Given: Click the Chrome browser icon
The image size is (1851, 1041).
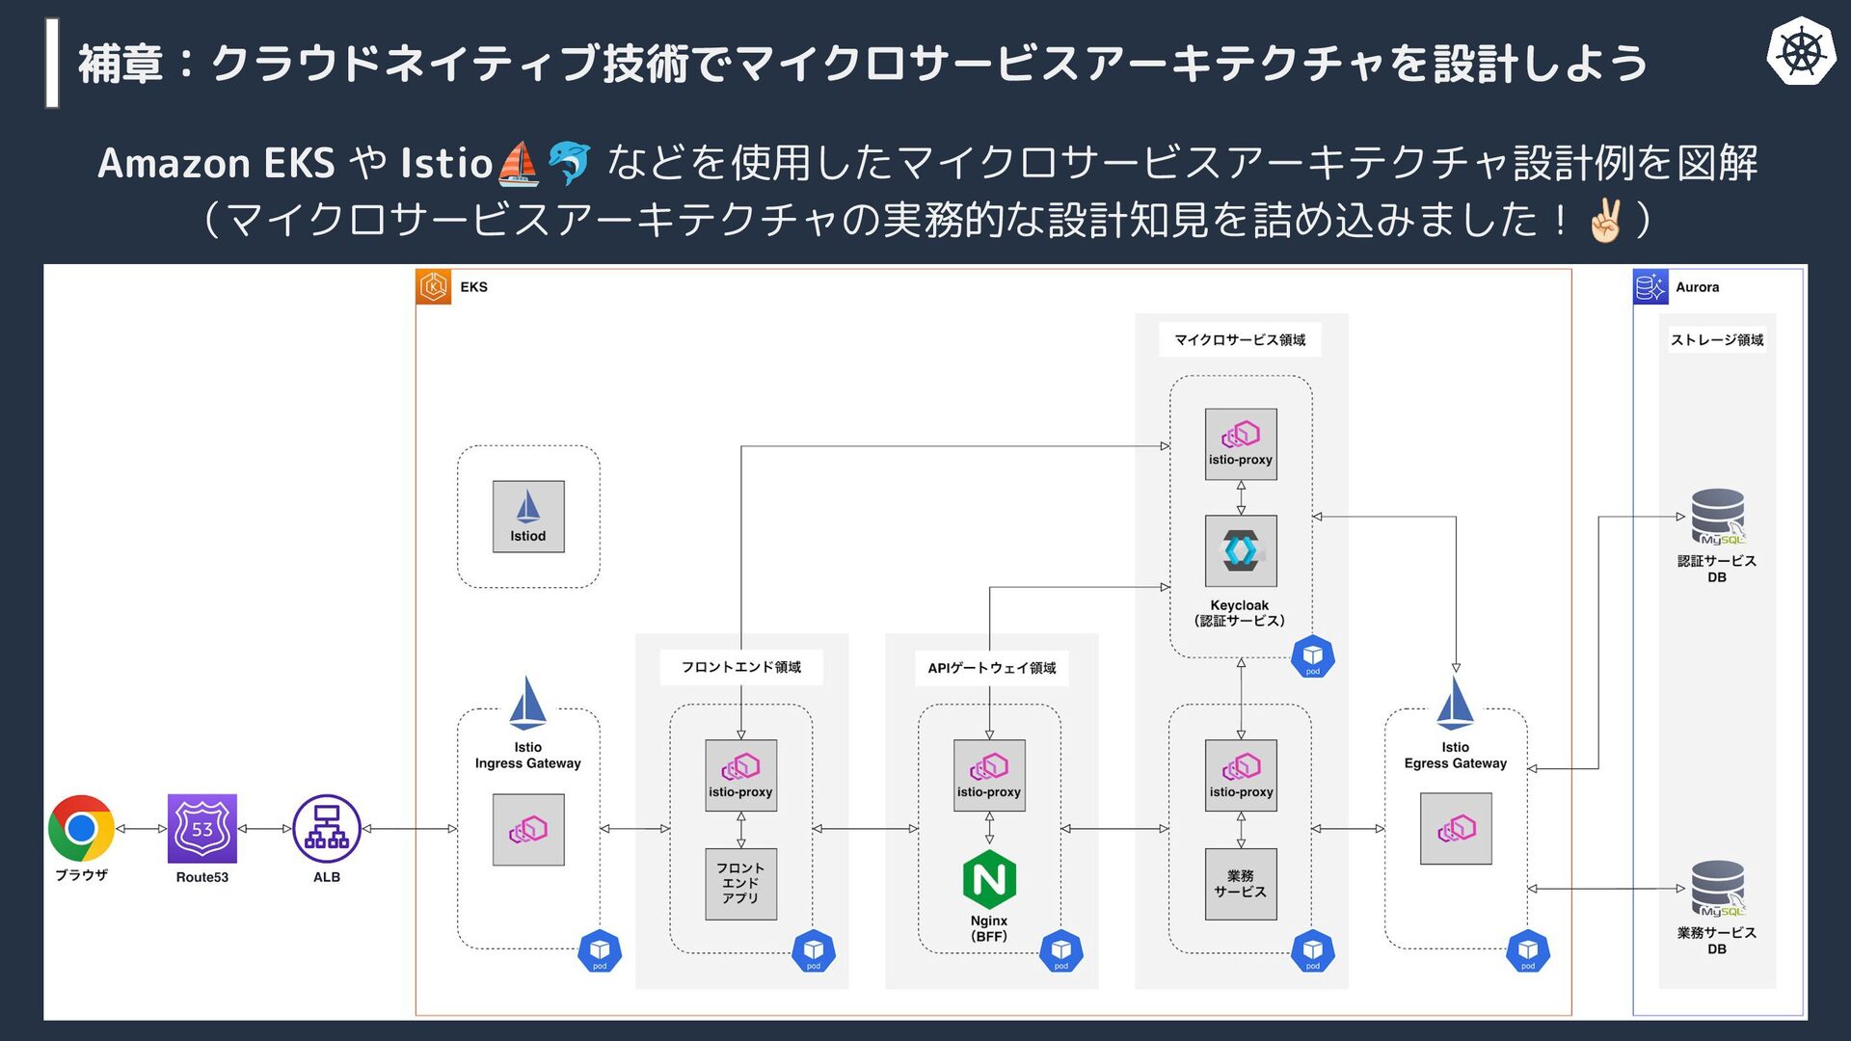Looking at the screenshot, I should [82, 828].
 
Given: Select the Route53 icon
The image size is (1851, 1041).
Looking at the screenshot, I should [201, 829].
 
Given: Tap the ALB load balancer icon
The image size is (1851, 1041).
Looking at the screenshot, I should [327, 829].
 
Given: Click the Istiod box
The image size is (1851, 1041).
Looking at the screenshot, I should [528, 517].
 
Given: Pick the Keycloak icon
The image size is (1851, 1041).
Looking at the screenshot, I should [1241, 551].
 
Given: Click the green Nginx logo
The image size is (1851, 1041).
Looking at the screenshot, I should [989, 879].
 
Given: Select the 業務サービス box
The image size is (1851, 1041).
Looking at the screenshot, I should [1241, 884].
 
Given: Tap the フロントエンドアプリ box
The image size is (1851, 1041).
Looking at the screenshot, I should [740, 884].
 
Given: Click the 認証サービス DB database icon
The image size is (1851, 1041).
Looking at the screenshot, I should [1717, 517].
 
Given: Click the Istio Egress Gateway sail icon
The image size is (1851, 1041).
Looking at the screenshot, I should [1455, 704].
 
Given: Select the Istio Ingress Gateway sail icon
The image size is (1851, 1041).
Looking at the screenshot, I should [528, 704].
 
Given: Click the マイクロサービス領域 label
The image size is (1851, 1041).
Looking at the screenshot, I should [1240, 340].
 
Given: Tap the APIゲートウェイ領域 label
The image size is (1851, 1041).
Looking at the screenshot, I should [991, 668].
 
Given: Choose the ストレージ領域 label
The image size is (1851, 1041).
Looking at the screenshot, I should [1717, 340].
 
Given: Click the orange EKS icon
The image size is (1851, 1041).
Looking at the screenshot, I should [434, 287].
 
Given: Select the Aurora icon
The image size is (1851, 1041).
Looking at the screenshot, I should [1650, 287].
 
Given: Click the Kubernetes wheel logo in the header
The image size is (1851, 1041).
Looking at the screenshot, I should [1800, 52].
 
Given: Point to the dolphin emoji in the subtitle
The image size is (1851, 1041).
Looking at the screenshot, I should [569, 163].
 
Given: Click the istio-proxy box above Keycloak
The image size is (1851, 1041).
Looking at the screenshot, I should [1241, 444].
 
